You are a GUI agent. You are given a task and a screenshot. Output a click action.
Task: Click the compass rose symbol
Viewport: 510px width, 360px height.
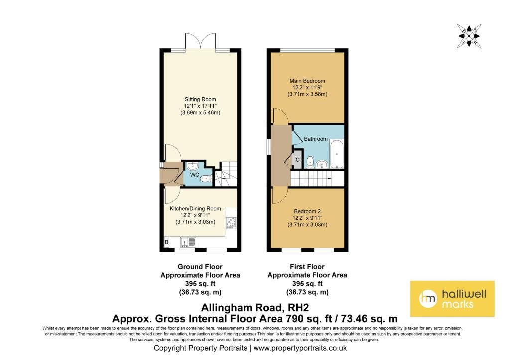469,36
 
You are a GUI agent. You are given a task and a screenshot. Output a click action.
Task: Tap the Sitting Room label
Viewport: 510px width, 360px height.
200,99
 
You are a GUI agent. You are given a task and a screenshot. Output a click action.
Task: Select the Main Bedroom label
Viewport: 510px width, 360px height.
307,81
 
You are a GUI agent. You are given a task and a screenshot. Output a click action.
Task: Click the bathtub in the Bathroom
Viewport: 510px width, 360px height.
337,154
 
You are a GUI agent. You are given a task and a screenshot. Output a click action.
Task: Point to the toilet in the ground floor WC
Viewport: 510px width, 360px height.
206,179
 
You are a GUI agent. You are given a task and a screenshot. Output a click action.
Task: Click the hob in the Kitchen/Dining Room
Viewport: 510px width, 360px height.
231,223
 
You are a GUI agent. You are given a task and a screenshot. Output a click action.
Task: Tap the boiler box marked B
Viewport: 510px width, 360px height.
166,242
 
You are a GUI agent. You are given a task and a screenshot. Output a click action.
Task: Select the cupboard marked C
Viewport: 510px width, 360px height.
297,160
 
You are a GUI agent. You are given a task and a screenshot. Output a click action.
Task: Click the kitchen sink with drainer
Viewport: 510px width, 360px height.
188,242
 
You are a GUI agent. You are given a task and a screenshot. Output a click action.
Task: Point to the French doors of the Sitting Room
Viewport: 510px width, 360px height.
200,41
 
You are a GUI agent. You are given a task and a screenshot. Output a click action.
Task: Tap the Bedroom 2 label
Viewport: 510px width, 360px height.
307,211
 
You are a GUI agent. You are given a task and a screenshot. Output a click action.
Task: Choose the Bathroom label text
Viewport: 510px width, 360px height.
315,139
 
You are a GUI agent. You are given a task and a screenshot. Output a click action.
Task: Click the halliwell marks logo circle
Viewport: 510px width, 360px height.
428,299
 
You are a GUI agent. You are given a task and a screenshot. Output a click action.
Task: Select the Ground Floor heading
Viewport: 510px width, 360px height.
200,267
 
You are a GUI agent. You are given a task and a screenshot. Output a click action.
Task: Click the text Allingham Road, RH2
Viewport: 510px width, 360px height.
255,307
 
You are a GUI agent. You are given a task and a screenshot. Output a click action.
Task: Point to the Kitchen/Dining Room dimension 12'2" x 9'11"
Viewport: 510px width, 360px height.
195,215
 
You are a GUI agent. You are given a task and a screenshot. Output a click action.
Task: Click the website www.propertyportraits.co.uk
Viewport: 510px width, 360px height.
300,348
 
